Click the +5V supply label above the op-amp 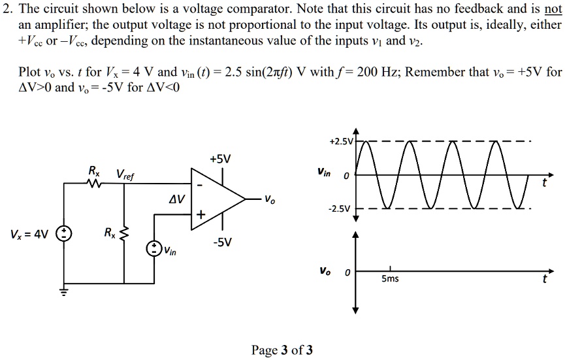coord(220,159)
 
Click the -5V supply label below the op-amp coord(221,242)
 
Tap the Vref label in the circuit coord(126,174)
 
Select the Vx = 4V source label coord(29,234)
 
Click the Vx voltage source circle coord(64,234)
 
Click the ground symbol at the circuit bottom coord(64,291)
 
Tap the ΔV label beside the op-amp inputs coord(176,197)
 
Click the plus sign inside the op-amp coord(201,214)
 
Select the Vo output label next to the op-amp coord(270,200)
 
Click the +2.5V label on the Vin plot coord(341,141)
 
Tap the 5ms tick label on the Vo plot coord(390,279)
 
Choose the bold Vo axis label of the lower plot coord(325,270)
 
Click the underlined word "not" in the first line coord(553,9)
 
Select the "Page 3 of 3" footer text coord(282,350)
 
